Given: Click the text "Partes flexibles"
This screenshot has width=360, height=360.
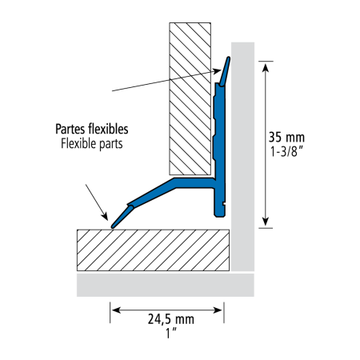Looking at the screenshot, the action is point(92,129).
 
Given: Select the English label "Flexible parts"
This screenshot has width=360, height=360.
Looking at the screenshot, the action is point(92,143).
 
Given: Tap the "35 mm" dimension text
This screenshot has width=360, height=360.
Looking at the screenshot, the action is point(286,137).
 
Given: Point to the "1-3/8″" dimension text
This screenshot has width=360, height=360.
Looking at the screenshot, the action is point(286,151).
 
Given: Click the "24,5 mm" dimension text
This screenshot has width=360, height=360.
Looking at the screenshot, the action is point(171,319).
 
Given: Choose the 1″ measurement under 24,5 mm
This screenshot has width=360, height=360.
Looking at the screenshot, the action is point(171,334).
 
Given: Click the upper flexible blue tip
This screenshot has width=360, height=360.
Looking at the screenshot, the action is point(225,71).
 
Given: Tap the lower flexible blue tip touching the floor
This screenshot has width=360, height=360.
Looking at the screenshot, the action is point(122,217).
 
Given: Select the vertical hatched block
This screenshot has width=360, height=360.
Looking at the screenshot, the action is point(190,98).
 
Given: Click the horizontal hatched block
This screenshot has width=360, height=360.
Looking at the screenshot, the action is point(153,250).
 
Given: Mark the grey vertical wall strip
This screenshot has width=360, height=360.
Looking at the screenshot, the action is point(242,157).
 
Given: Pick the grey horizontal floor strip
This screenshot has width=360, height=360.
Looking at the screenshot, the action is point(166,285).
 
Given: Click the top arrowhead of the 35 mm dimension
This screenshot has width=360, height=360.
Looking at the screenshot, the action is point(265,67).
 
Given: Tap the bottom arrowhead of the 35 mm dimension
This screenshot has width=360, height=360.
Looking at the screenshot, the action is point(265,222).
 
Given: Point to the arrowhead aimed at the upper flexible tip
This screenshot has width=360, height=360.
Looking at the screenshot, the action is point(217,71).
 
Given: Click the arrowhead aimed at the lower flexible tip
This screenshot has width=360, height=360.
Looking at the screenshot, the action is point(105,216).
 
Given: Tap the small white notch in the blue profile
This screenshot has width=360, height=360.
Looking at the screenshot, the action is point(224,204).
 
